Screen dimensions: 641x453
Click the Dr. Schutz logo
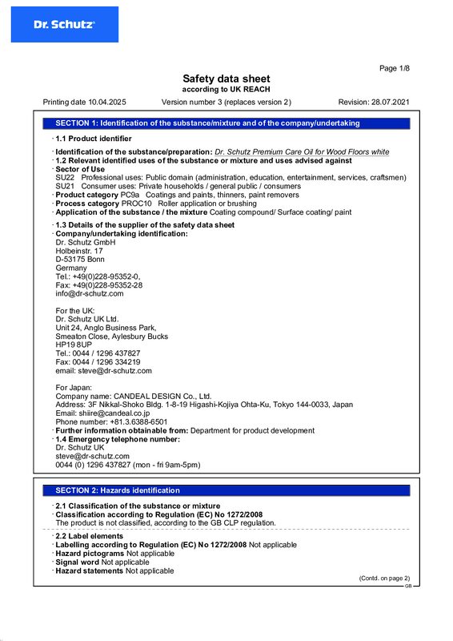coord(64,25)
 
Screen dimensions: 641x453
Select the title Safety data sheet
coord(226,79)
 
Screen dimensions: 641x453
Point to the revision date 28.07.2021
coord(391,103)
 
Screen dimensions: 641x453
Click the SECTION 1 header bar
coord(226,123)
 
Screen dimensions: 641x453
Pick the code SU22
coord(65,177)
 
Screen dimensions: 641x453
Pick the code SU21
coord(65,186)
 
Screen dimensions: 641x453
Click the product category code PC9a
coord(130,195)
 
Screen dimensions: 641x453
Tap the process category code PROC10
coord(137,204)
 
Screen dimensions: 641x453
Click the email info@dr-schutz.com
coord(90,293)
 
